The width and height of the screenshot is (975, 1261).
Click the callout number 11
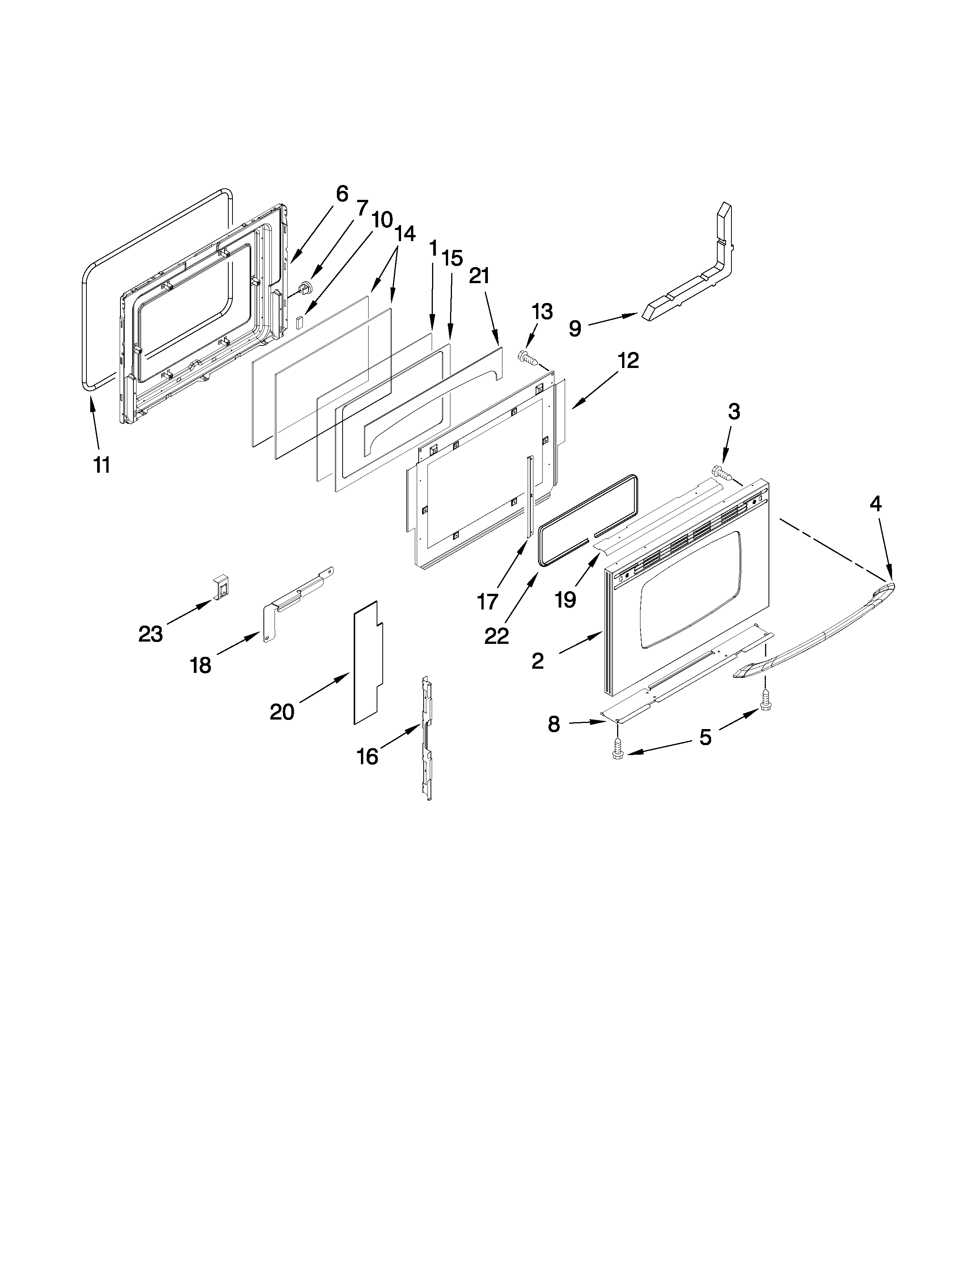click(x=102, y=465)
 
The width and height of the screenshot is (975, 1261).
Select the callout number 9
click(x=575, y=329)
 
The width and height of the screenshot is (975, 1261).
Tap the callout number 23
click(x=150, y=634)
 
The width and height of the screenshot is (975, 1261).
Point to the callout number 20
click(x=282, y=712)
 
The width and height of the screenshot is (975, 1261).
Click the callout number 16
click(x=367, y=756)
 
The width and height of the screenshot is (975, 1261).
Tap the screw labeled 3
click(x=720, y=473)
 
